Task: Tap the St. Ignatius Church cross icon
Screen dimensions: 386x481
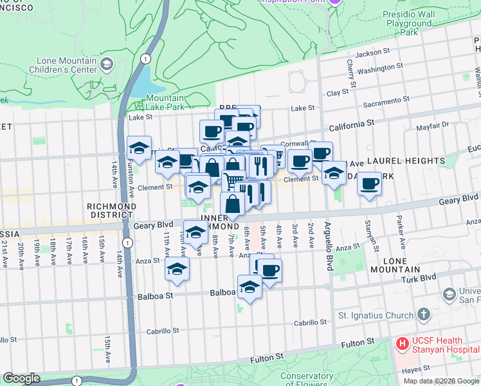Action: pos(423,315)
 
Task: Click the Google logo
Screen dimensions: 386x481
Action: pos(21,378)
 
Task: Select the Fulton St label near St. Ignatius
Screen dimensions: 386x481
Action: pos(353,345)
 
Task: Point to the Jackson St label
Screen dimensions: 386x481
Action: pos(373,53)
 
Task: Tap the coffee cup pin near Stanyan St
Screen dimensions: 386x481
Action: pos(369,184)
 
